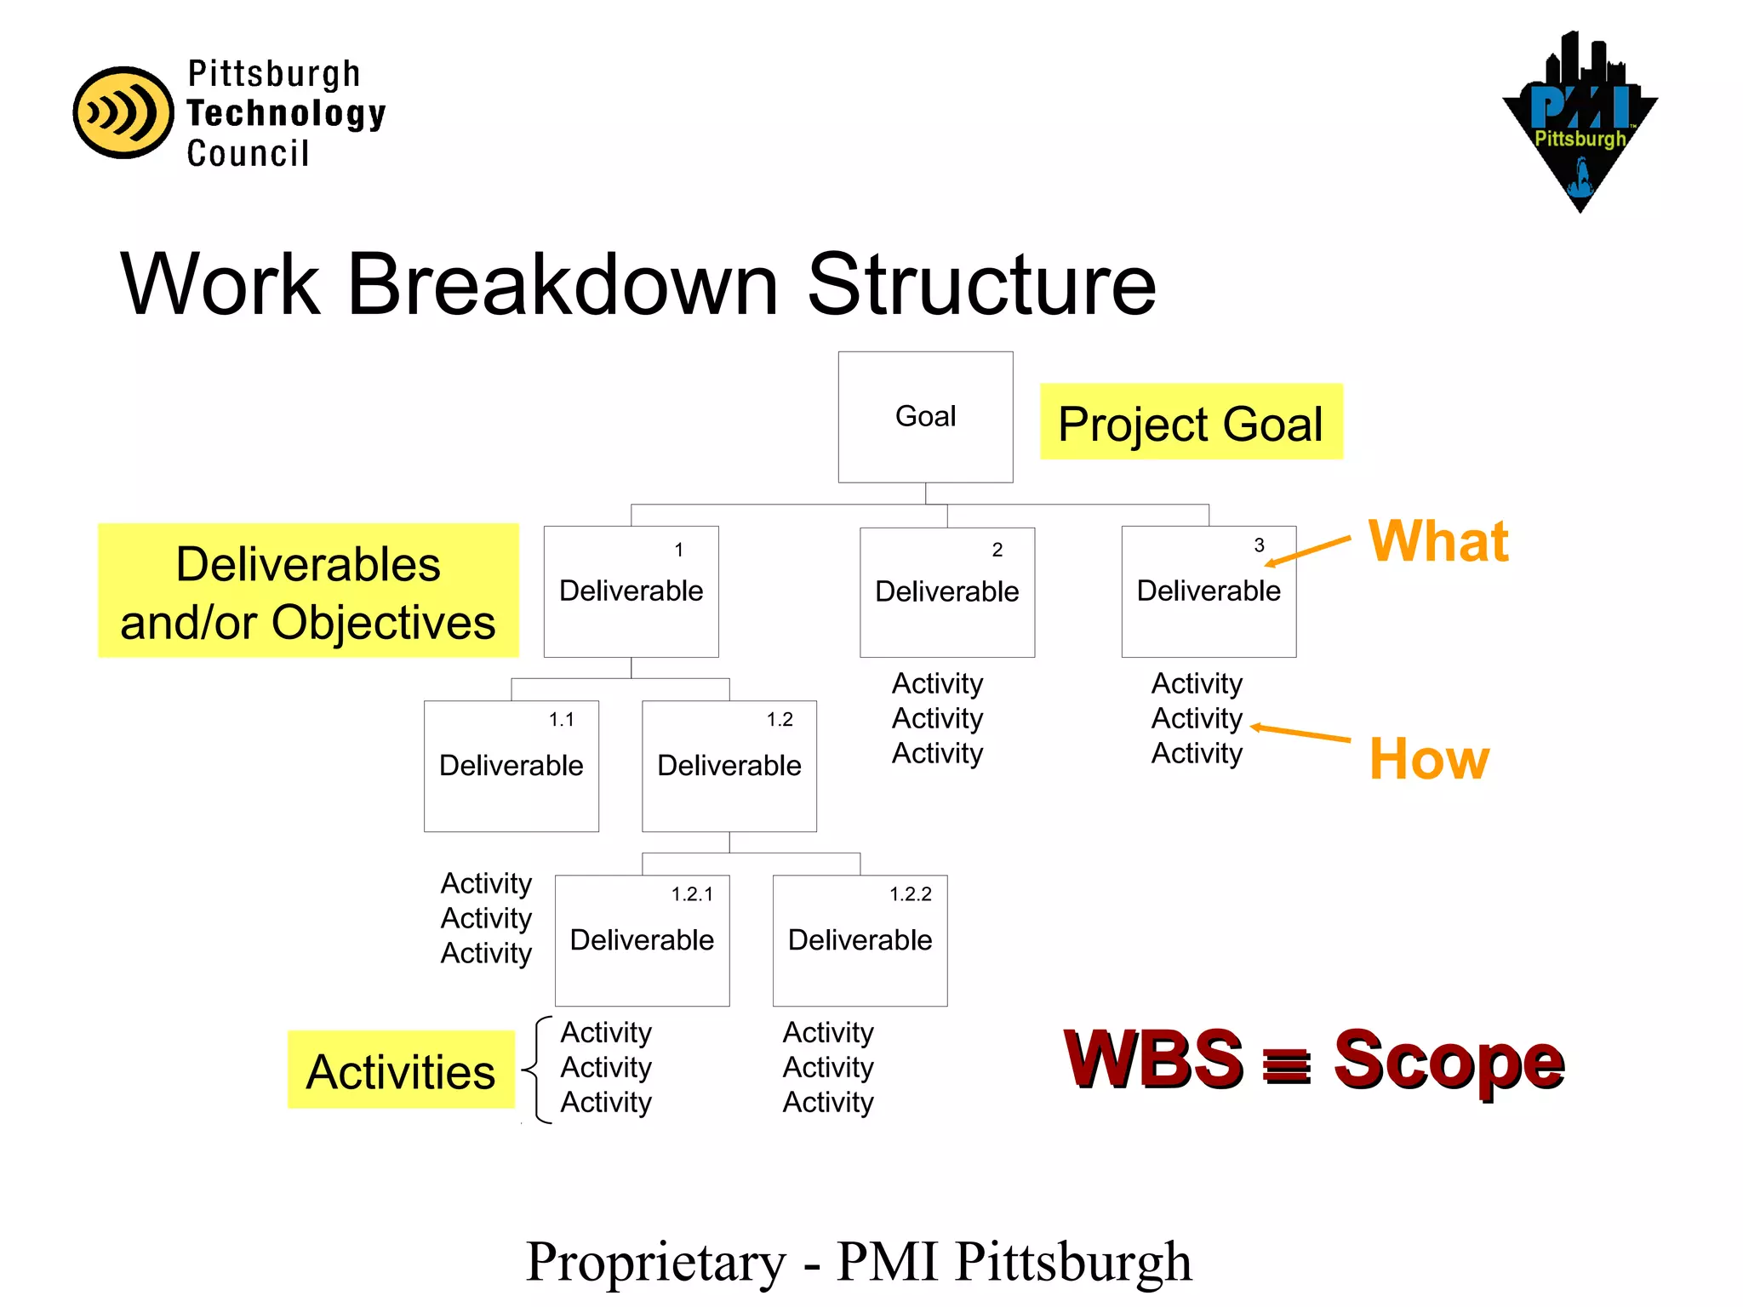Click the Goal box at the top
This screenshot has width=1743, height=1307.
point(925,417)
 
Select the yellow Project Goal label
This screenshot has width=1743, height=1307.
point(1191,422)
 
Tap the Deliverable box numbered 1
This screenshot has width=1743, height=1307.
point(631,591)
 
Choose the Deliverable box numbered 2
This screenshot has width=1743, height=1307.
point(947,592)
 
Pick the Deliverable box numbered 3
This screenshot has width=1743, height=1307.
point(1209,591)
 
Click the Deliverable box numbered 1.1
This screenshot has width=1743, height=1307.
point(511,766)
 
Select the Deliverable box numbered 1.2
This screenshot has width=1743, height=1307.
point(729,766)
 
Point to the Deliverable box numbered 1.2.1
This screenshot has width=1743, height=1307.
point(642,940)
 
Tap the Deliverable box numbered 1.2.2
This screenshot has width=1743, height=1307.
point(860,940)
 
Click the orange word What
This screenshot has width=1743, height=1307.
point(1438,541)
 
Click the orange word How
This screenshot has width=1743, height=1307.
point(1429,759)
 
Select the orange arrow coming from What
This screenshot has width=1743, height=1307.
point(1308,551)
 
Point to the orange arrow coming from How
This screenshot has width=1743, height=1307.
point(1300,733)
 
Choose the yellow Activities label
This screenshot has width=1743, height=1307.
point(401,1070)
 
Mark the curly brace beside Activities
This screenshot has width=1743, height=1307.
point(536,1070)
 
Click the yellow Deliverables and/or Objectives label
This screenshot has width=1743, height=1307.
point(308,591)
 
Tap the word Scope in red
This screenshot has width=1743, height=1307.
point(1449,1060)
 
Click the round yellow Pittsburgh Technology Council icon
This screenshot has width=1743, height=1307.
point(123,112)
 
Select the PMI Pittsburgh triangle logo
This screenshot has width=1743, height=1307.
point(1580,123)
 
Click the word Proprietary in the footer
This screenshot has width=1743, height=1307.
point(655,1262)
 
